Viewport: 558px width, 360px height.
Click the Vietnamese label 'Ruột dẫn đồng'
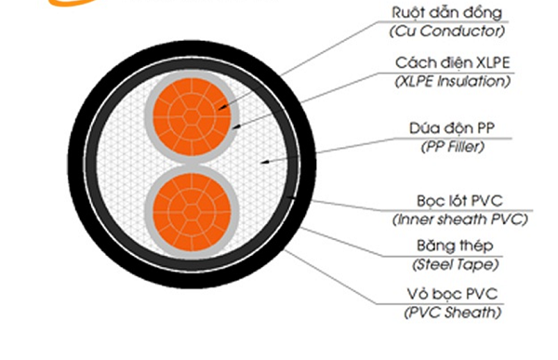pyautogui.click(x=446, y=13)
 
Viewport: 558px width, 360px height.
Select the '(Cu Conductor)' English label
pyautogui.click(x=447, y=31)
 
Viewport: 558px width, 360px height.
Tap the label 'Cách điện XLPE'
pyautogui.click(x=453, y=63)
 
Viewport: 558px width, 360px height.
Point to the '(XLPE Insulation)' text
pyautogui.click(x=453, y=81)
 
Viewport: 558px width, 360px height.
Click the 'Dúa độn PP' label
pyautogui.click(x=452, y=128)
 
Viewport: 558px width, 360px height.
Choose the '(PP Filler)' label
pyautogui.click(x=452, y=147)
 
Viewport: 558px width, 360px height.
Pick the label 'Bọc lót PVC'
pyautogui.click(x=459, y=201)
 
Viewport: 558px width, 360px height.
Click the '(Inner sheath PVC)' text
pyautogui.click(x=459, y=220)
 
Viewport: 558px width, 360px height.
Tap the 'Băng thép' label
pyautogui.click(x=455, y=247)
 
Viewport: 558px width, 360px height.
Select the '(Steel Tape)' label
pyautogui.click(x=455, y=264)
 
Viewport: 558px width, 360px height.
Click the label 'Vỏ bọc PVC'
pyautogui.click(x=452, y=295)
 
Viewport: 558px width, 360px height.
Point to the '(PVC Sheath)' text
pyautogui.click(x=453, y=313)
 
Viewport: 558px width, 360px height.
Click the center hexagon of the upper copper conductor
pyautogui.click(x=192, y=116)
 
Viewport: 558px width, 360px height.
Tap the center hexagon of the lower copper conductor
pyautogui.click(x=192, y=212)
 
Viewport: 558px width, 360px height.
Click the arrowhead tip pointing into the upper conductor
pyautogui.click(x=219, y=109)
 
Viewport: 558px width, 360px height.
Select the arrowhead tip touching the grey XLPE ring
pyautogui.click(x=233, y=127)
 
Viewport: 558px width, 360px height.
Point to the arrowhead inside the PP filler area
pyautogui.click(x=261, y=163)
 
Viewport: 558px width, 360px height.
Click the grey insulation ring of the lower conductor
pyautogui.click(x=149, y=212)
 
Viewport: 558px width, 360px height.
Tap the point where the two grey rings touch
pyautogui.click(x=192, y=165)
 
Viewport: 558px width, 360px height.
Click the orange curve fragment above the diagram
pyautogui.click(x=72, y=3)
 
